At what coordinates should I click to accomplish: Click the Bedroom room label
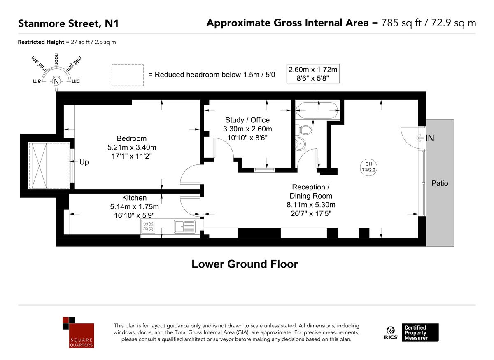click(131, 138)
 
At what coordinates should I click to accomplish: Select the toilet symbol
click(305, 130)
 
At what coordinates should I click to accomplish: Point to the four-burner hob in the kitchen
click(148, 226)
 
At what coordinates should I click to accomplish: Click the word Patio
click(440, 183)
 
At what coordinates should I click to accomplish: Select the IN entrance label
click(429, 138)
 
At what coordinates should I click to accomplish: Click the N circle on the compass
click(56, 82)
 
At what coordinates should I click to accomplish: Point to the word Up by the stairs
click(84, 162)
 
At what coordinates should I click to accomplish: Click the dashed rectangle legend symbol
click(128, 75)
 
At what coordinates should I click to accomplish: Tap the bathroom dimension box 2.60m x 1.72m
click(313, 74)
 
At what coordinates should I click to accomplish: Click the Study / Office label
click(247, 120)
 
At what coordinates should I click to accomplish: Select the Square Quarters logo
click(78, 332)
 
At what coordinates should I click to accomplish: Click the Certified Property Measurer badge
click(420, 332)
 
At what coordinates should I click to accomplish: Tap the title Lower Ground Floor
click(245, 264)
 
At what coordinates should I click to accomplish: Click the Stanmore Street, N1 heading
click(68, 23)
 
